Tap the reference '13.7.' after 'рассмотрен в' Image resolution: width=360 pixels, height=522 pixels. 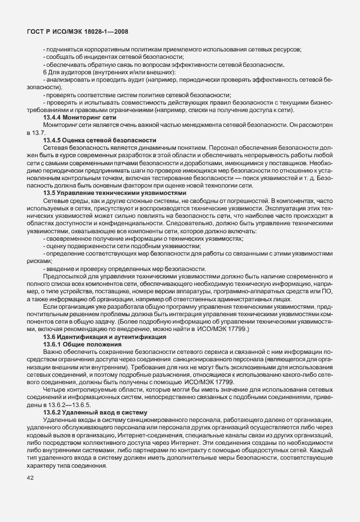click(x=33, y=132)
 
